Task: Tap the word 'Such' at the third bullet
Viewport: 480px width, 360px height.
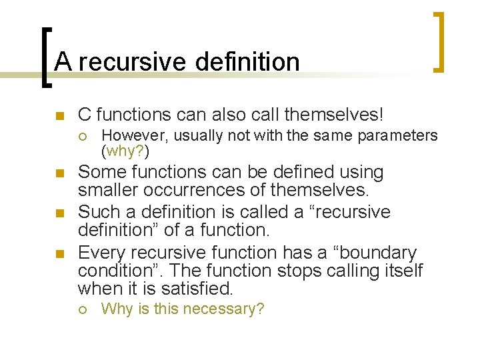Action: click(97, 213)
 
